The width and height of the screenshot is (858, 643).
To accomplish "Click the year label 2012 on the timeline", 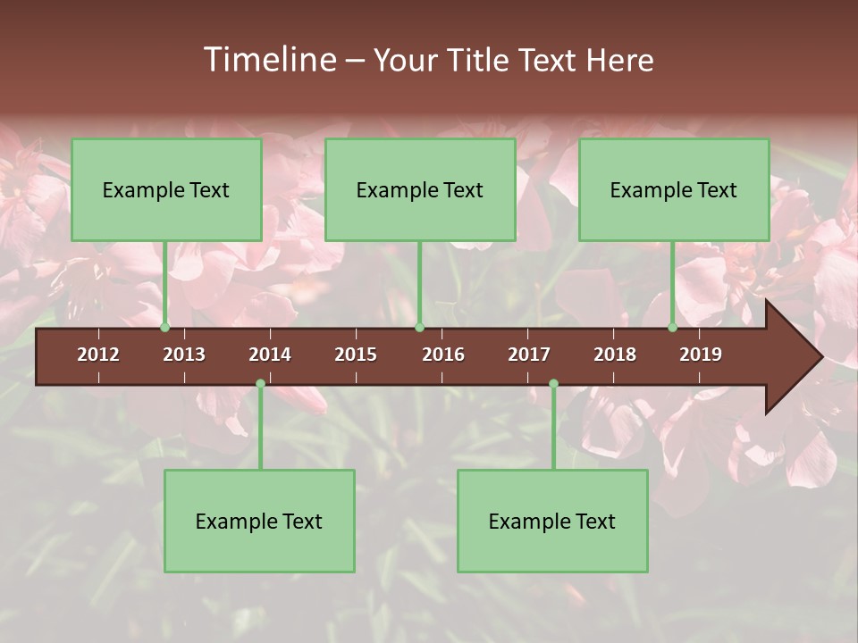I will coord(98,355).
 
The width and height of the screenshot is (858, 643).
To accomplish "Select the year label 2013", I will coord(184,355).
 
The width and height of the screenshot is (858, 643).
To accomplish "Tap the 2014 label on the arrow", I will coord(270,355).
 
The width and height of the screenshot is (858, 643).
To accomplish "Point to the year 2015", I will coord(356,355).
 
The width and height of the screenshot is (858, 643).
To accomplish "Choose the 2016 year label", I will coord(443,355).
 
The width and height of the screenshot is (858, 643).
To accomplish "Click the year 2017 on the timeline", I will coord(529,355).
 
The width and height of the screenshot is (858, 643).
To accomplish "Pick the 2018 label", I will coord(615,355).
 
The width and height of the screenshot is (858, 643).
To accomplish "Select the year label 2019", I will coord(701,355).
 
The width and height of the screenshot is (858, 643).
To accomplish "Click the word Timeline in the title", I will coord(268,60).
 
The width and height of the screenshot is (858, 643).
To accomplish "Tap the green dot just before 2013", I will coord(165,328).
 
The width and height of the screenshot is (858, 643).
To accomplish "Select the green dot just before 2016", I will coord(419,328).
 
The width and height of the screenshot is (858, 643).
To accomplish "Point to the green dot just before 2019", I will coord(673,328).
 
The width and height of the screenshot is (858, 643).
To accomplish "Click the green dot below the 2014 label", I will coord(260,384).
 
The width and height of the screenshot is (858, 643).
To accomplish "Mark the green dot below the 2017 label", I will coord(553,384).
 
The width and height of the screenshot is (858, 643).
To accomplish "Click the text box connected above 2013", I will coord(166,189).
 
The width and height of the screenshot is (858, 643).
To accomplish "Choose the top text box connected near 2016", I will coord(420,189).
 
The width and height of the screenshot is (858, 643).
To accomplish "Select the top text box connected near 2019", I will coord(674,189).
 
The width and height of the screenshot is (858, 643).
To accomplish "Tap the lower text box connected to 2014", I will coord(259,521).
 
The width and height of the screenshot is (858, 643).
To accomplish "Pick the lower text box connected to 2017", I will coord(552,521).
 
